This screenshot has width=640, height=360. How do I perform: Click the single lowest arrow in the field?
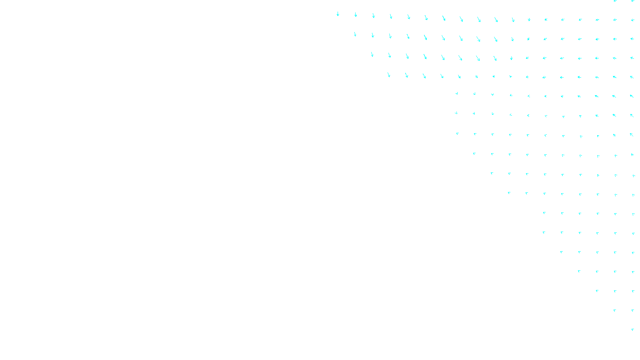click(x=633, y=330)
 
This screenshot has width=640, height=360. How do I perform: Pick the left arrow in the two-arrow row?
click(x=615, y=310)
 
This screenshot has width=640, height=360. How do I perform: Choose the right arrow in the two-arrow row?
click(x=633, y=310)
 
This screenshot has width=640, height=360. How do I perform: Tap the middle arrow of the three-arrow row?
click(x=615, y=291)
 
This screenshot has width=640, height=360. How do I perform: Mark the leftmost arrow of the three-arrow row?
click(x=597, y=291)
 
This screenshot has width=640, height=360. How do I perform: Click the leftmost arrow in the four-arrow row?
click(x=579, y=271)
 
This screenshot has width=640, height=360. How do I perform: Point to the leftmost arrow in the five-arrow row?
click(x=562, y=252)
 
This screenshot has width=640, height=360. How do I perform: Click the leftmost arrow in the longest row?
click(x=338, y=14)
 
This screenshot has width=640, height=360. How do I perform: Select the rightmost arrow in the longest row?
click(x=633, y=20)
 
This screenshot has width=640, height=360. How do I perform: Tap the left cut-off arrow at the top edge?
click(x=615, y=1)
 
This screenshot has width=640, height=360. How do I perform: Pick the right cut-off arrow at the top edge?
click(x=633, y=1)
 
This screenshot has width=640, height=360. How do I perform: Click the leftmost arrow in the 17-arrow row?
click(x=355, y=34)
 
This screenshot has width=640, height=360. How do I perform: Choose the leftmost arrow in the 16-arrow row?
click(x=372, y=54)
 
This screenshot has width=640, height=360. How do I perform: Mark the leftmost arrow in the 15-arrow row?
click(x=389, y=75)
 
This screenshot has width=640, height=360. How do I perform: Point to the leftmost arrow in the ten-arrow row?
click(x=474, y=154)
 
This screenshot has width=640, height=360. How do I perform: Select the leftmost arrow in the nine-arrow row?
click(x=492, y=173)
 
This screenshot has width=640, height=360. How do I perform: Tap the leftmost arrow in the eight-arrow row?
click(x=509, y=193)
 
